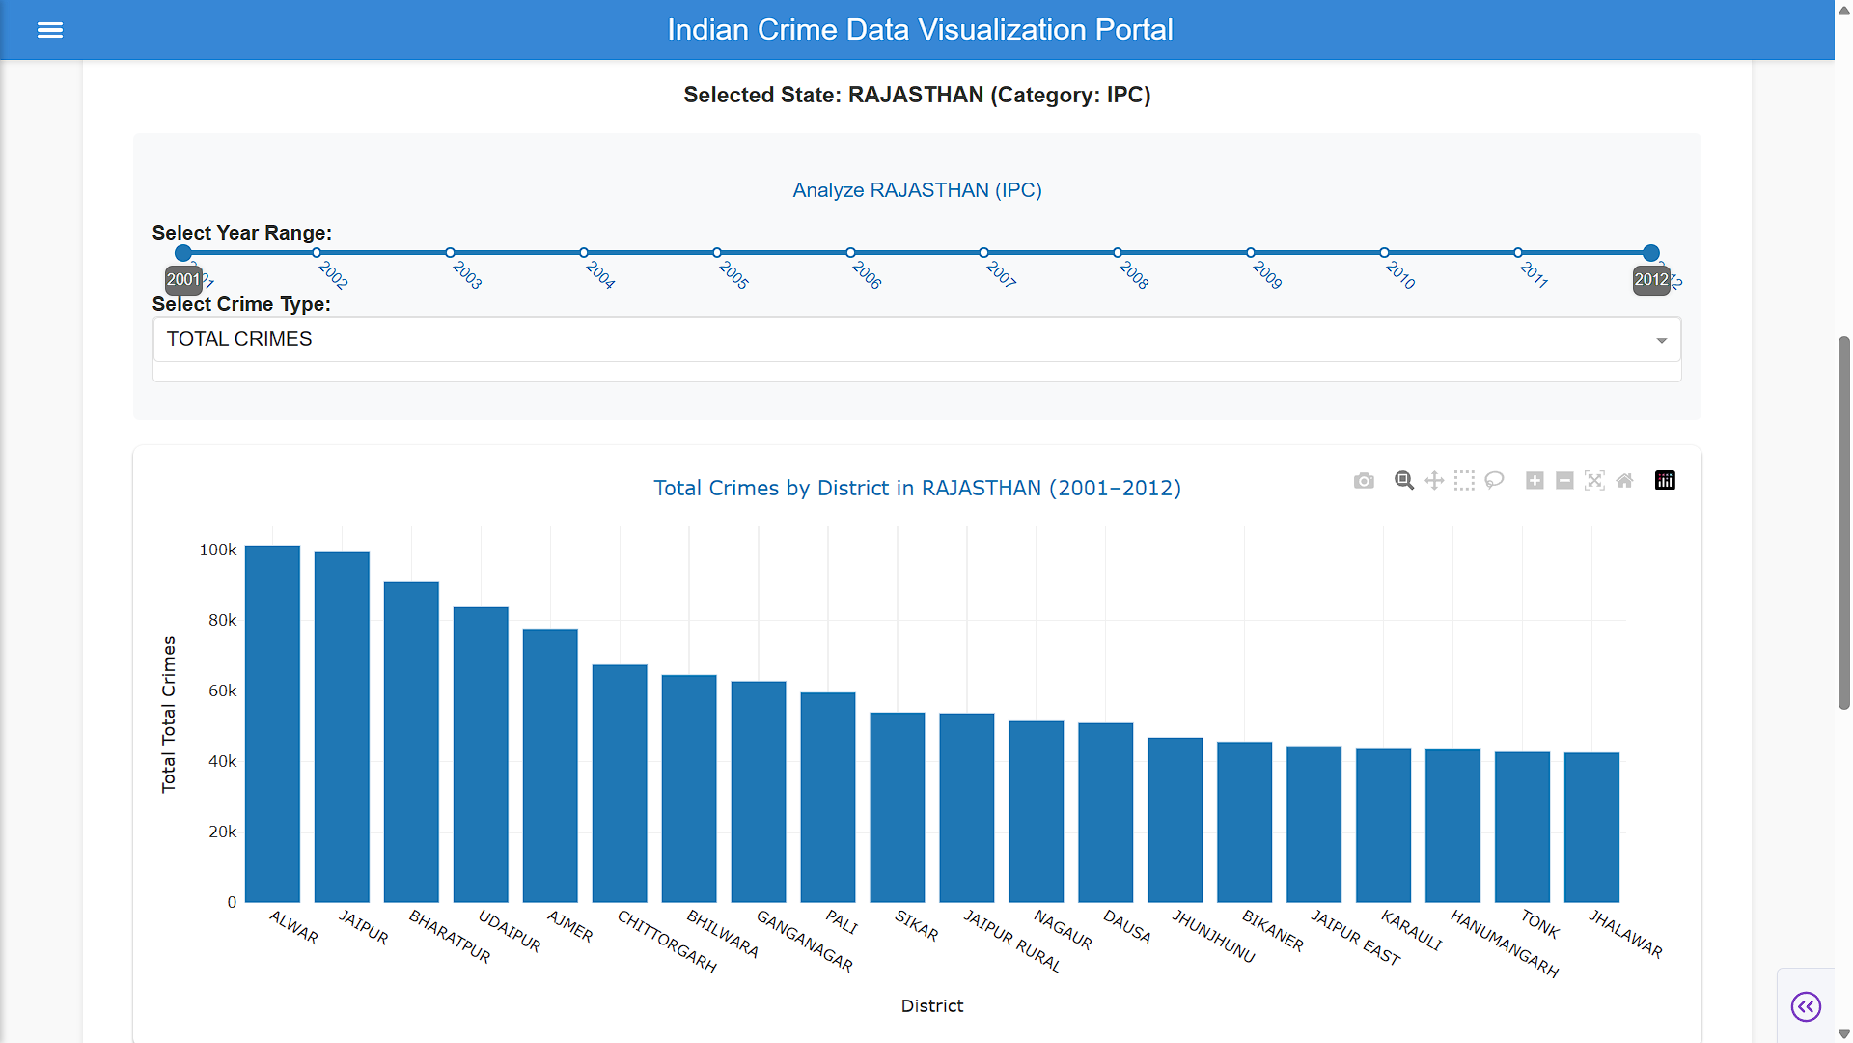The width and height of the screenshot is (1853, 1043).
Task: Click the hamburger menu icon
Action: point(50,30)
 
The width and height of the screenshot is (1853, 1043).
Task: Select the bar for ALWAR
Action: point(272,723)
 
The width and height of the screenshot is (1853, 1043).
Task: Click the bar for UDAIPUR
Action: point(481,754)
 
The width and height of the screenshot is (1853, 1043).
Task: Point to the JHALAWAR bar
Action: point(1591,827)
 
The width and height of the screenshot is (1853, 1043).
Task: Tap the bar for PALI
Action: point(828,797)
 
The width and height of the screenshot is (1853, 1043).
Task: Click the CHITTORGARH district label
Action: point(667,941)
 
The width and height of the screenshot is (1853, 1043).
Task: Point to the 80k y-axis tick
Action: point(222,620)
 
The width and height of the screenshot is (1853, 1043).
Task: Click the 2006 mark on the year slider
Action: point(850,253)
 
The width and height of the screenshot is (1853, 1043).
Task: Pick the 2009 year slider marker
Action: point(1251,253)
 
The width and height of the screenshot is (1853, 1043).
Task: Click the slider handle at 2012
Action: point(1651,253)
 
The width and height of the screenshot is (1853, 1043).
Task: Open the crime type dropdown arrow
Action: point(1662,340)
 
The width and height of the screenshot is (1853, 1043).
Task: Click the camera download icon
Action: point(1364,481)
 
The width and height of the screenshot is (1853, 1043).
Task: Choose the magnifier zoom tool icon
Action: point(1404,481)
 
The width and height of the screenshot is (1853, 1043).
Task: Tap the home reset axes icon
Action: point(1625,481)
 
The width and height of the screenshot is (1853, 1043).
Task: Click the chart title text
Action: point(917,488)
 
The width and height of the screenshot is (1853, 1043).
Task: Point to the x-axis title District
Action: point(932,1006)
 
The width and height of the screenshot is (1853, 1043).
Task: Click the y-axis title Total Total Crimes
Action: point(169,715)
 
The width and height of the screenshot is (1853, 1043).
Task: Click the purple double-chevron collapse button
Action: point(1806,1007)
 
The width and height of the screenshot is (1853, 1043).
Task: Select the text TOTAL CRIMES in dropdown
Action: point(239,339)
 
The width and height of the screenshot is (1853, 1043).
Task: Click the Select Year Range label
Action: point(242,233)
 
